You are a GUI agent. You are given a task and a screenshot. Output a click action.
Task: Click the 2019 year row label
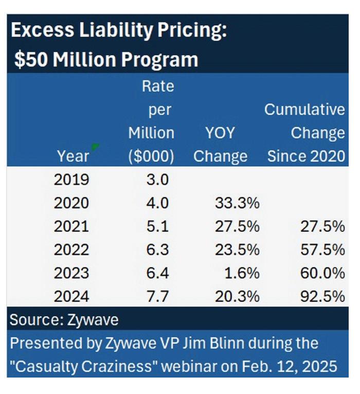click(71, 180)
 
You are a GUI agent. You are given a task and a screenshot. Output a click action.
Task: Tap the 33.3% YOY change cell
click(237, 203)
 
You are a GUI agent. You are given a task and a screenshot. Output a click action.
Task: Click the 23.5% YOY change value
click(237, 250)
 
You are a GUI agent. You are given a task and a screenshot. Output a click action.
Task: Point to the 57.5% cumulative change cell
click(322, 250)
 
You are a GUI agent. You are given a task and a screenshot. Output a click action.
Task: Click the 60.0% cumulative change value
click(322, 273)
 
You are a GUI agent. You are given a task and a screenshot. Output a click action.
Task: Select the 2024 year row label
click(71, 296)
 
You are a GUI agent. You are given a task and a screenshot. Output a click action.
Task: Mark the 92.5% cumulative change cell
click(322, 296)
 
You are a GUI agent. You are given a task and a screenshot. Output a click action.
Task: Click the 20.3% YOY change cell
click(237, 296)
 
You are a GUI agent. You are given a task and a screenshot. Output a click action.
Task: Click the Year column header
click(73, 156)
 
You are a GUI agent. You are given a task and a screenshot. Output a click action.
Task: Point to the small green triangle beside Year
click(95, 147)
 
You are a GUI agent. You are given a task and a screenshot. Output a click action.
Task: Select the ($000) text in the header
click(151, 156)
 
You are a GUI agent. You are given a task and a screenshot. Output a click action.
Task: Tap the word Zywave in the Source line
click(93, 320)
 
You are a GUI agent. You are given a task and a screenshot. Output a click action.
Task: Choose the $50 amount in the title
click(31, 60)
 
